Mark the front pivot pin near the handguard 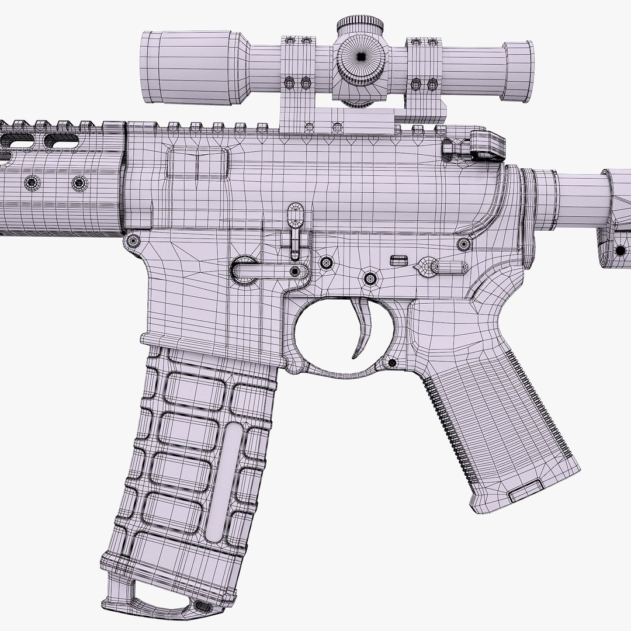coord(133,240)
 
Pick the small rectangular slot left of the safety coord(399,258)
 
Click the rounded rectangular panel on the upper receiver coord(196,164)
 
